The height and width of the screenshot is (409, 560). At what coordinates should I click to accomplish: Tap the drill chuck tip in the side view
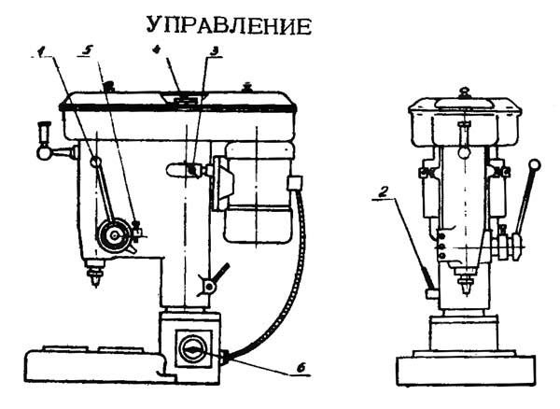(x=94, y=277)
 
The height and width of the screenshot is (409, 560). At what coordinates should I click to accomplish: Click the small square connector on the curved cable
(x=295, y=182)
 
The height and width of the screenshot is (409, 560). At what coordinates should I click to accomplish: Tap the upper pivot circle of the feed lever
(x=96, y=163)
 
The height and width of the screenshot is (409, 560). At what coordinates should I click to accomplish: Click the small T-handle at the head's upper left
(x=42, y=132)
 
